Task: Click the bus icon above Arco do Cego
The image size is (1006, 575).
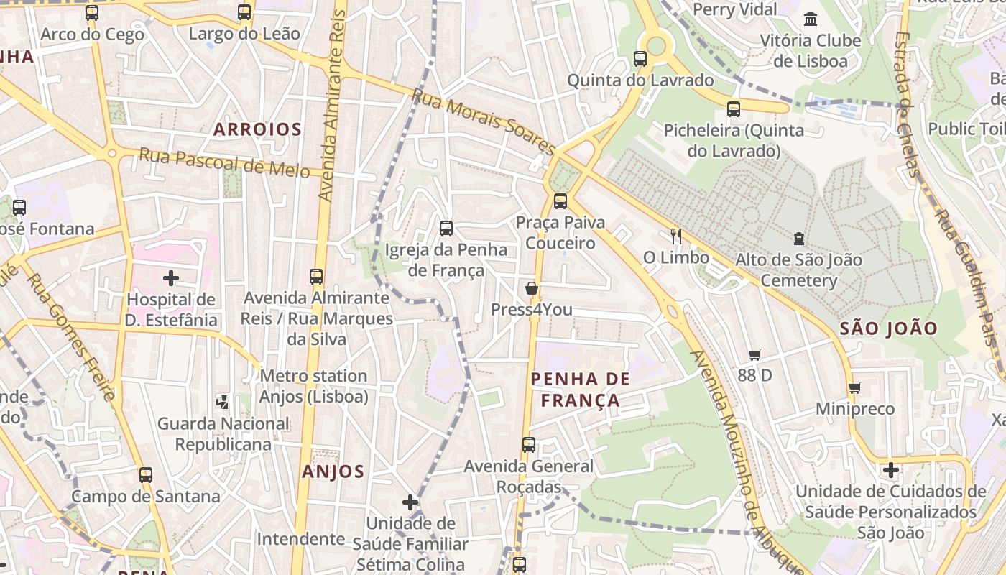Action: coord(92,12)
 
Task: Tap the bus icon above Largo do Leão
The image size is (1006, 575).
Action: coord(244,12)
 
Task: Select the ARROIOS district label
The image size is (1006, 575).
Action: coord(257,130)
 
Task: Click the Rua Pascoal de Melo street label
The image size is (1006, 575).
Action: coord(224,163)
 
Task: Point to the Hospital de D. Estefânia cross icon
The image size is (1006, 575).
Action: coord(171,277)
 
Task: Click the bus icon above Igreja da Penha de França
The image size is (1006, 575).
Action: coord(446,229)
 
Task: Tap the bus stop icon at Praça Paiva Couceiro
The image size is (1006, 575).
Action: coord(560,201)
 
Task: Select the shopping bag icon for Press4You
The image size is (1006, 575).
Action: coord(532,289)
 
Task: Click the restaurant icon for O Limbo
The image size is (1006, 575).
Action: coord(675,236)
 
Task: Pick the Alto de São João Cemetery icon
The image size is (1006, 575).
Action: coord(798,238)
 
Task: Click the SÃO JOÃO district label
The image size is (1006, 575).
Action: coord(889,329)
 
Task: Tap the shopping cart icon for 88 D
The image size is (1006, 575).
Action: coord(754,354)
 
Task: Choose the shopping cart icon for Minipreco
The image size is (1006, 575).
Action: coord(854,388)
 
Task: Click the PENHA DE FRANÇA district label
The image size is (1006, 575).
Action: coord(580,390)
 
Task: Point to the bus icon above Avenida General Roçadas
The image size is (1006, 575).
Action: coord(529,444)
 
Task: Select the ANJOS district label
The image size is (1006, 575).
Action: coord(333,472)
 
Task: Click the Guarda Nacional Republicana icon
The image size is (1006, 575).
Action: coord(223,402)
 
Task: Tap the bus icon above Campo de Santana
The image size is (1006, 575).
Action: coord(146,474)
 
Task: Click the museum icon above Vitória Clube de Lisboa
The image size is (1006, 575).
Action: coord(811,19)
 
